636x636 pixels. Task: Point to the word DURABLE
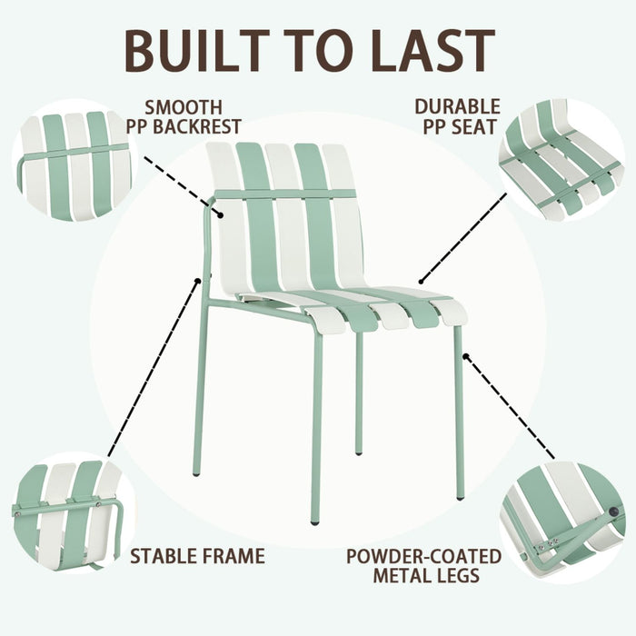(457, 107)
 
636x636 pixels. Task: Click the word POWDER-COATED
(423, 555)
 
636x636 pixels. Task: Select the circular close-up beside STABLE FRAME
(68, 513)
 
